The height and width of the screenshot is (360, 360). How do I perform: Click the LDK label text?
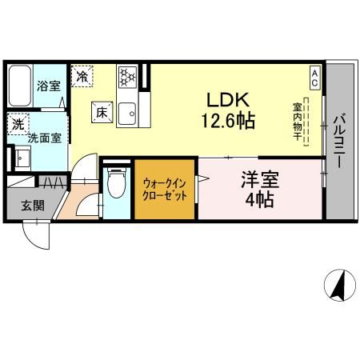(x=228, y=99)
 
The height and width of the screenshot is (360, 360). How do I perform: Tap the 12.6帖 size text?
(x=228, y=121)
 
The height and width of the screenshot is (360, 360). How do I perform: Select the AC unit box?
(x=314, y=78)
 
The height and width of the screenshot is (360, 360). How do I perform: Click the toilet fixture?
(x=116, y=182)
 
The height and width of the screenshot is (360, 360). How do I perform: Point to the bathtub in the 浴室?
(x=20, y=86)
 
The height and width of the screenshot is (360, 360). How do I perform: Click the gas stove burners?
(x=127, y=77)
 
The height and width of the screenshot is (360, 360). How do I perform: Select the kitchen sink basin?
(x=127, y=114)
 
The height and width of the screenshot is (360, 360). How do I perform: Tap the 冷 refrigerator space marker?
(x=82, y=76)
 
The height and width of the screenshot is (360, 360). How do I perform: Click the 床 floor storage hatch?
(x=102, y=112)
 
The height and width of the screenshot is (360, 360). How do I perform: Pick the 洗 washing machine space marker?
(x=18, y=124)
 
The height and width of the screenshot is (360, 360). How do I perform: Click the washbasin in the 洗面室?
(x=22, y=158)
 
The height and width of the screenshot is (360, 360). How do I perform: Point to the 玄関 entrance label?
(x=33, y=206)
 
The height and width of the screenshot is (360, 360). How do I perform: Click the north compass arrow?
(x=339, y=285)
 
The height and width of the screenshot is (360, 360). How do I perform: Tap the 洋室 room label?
(x=260, y=180)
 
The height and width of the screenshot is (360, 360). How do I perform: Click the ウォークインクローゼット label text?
(x=165, y=190)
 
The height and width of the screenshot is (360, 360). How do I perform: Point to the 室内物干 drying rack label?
(x=297, y=122)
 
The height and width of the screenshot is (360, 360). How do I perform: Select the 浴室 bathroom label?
(x=49, y=86)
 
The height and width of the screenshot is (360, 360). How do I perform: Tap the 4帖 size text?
(x=259, y=200)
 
